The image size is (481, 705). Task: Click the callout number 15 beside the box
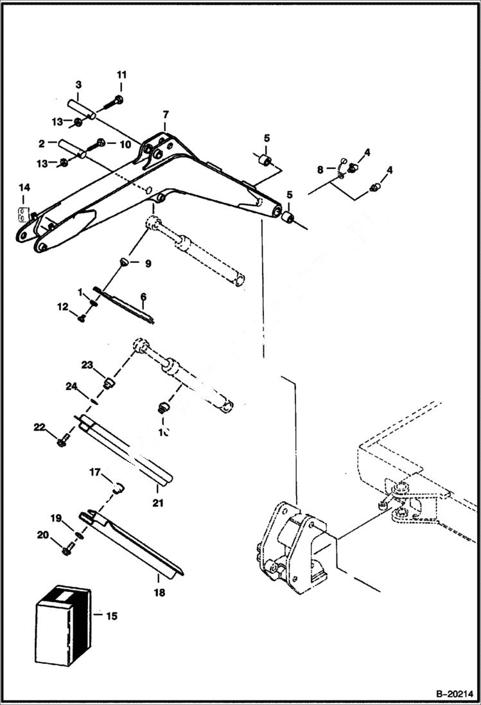111,616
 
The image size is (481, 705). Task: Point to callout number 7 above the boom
165,114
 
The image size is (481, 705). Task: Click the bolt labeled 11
117,100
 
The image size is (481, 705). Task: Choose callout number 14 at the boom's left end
24,187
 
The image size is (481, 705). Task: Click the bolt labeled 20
66,550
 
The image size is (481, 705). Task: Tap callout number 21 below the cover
157,503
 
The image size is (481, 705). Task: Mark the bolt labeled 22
62,442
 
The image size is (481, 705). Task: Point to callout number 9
147,263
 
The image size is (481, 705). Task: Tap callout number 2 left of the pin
40,143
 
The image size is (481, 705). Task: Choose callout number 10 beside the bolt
125,145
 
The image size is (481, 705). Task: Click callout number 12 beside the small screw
63,307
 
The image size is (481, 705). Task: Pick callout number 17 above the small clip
95,474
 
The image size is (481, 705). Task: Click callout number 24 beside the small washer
71,386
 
